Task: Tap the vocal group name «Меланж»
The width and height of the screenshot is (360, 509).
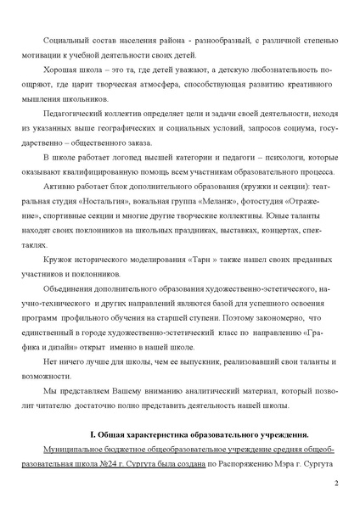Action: click(x=222, y=219)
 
